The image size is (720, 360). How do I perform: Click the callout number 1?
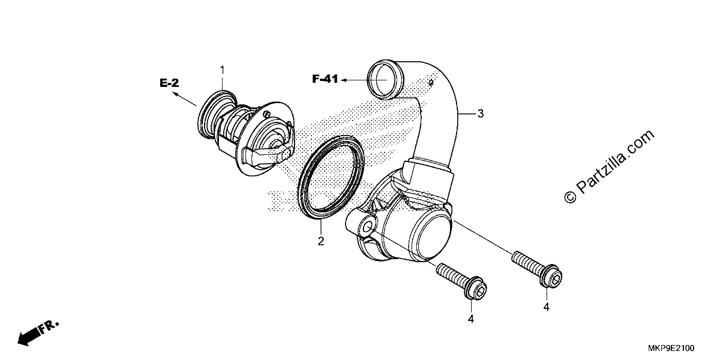[222, 70]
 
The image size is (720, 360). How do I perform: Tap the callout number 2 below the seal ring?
[321, 241]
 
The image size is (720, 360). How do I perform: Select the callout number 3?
[480, 113]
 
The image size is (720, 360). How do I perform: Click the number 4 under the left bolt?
[471, 319]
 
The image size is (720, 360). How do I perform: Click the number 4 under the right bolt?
[547, 307]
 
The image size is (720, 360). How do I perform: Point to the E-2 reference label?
[169, 83]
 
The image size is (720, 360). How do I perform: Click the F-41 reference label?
[325, 79]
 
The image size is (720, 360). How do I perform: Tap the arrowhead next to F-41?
[343, 80]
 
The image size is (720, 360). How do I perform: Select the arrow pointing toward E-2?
[185, 98]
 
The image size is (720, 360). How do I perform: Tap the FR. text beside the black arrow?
[49, 326]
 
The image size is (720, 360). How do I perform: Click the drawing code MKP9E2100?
[671, 348]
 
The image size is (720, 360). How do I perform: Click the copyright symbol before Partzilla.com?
[570, 197]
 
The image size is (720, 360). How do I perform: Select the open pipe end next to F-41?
[385, 79]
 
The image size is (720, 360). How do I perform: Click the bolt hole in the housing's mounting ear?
[367, 228]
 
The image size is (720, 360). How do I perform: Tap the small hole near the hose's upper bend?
[430, 83]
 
